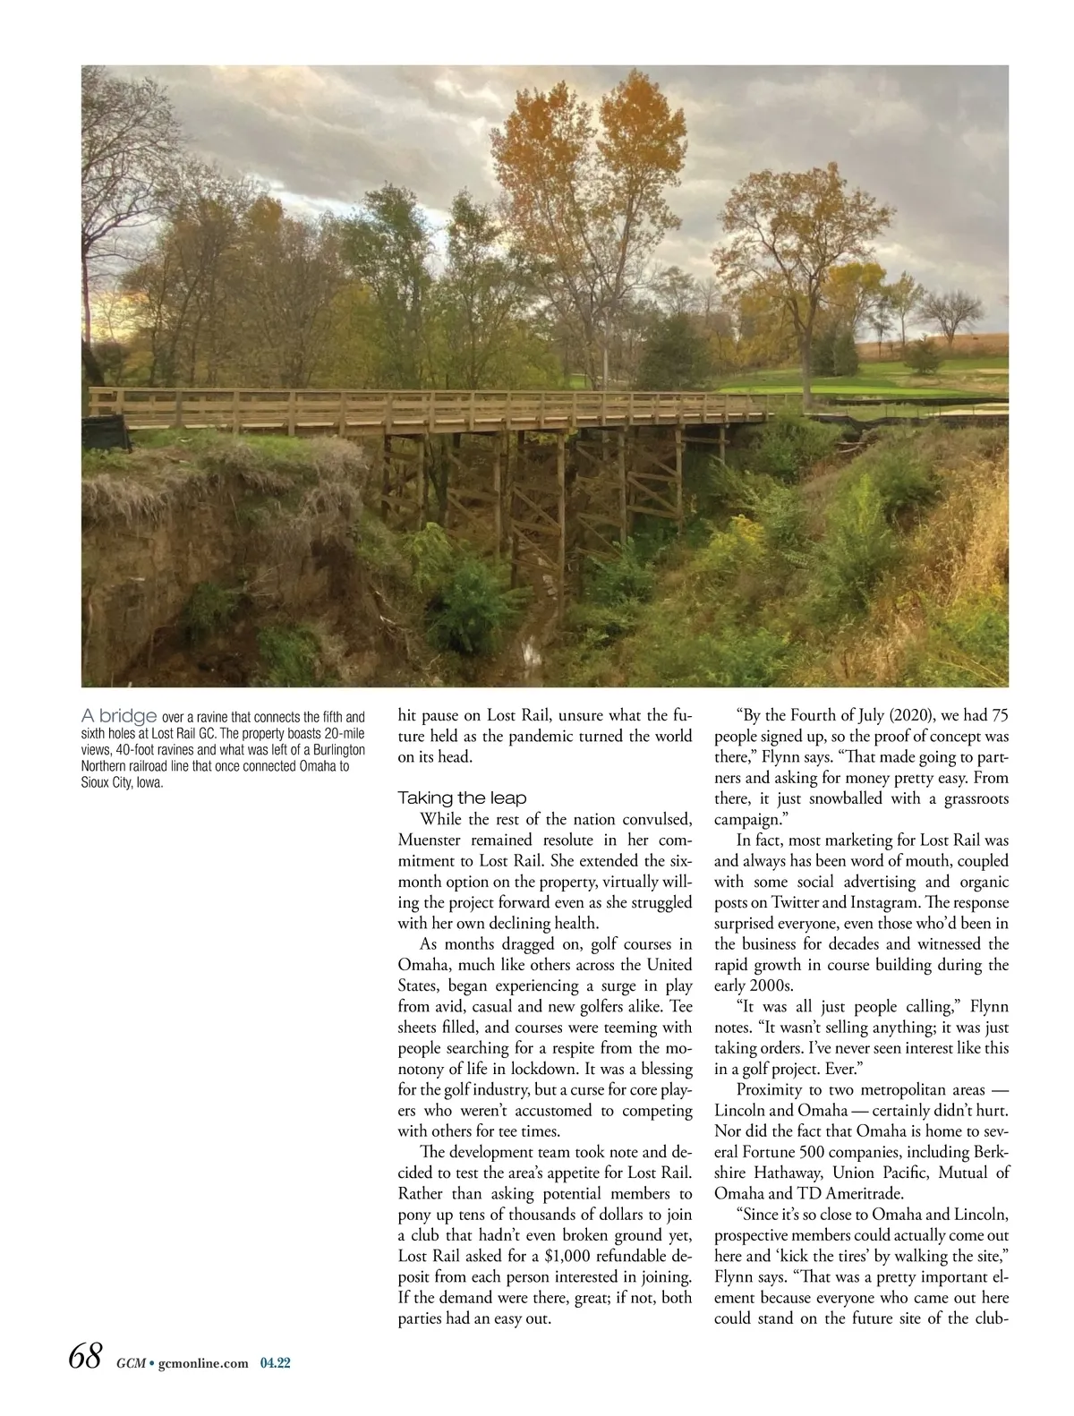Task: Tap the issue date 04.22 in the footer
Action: pos(276,1363)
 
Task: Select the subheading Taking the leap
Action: pos(462,797)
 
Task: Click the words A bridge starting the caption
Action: pos(119,716)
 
